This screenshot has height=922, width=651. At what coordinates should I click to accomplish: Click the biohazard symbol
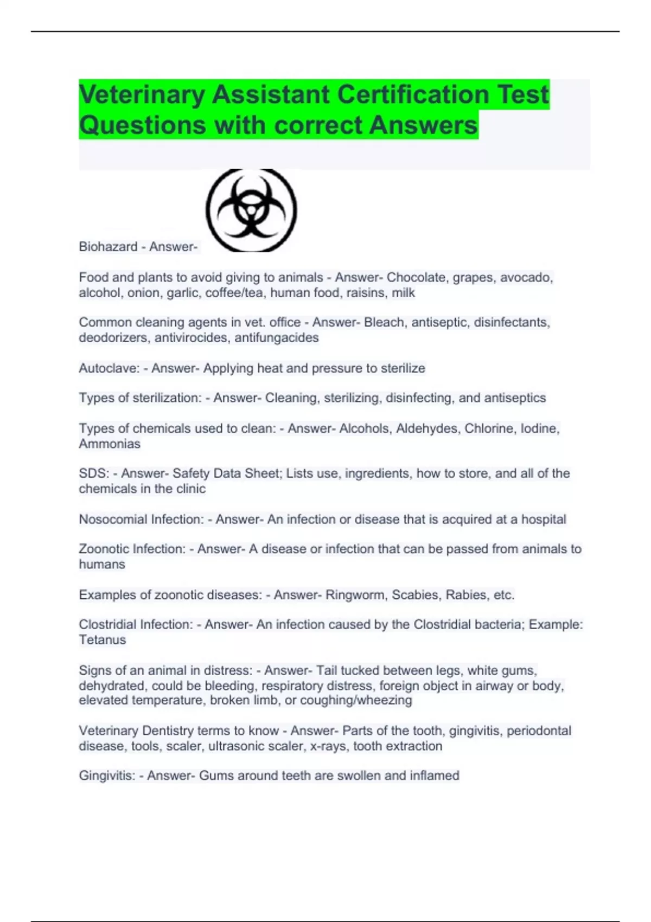pos(251,210)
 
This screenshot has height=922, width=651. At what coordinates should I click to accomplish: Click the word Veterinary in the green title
pos(142,94)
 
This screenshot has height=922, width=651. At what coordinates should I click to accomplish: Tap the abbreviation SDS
pos(94,473)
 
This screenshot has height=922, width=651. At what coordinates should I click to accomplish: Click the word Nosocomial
pos(113,520)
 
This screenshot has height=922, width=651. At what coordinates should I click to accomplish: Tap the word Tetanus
pos(102,640)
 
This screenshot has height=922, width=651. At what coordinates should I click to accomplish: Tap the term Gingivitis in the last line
pos(107,776)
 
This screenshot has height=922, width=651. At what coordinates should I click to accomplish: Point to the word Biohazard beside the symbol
pos(108,247)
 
